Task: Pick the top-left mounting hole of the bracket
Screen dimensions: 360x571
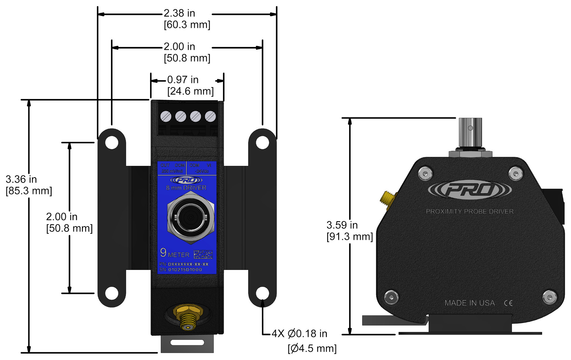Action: click(112, 143)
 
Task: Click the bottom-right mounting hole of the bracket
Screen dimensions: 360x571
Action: click(263, 293)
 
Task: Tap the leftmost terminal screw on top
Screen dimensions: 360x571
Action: click(166, 116)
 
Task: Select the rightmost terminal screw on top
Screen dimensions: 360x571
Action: click(210, 116)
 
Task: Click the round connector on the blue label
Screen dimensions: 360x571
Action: click(190, 217)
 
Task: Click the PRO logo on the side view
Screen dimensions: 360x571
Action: click(469, 189)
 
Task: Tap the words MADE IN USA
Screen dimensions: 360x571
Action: click(469, 303)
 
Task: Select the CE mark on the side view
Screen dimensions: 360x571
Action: click(508, 303)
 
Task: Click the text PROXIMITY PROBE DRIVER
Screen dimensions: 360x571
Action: click(469, 212)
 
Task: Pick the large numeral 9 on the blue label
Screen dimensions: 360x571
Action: click(163, 253)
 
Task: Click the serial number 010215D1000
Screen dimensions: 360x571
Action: click(185, 270)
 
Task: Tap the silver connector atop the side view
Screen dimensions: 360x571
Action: click(470, 134)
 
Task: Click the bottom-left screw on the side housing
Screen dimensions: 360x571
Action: click(391, 297)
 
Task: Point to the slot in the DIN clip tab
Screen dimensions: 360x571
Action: click(187, 343)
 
